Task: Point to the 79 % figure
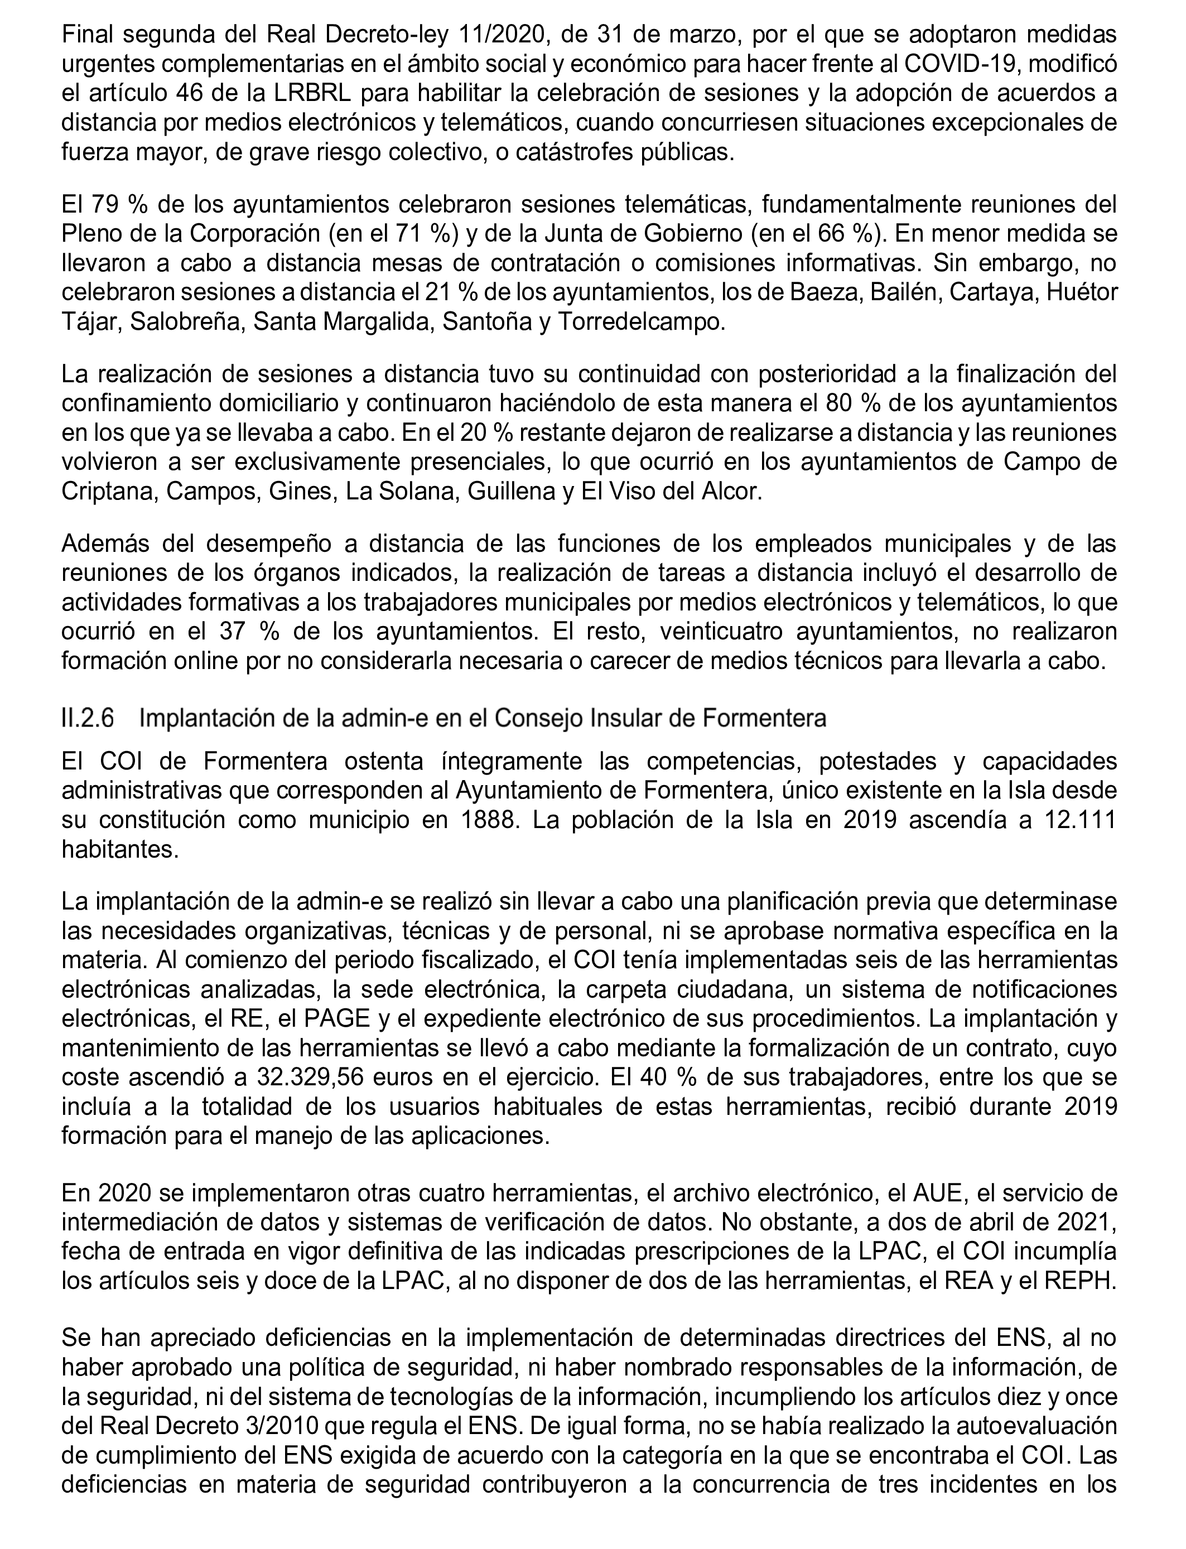pyautogui.click(x=114, y=205)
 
